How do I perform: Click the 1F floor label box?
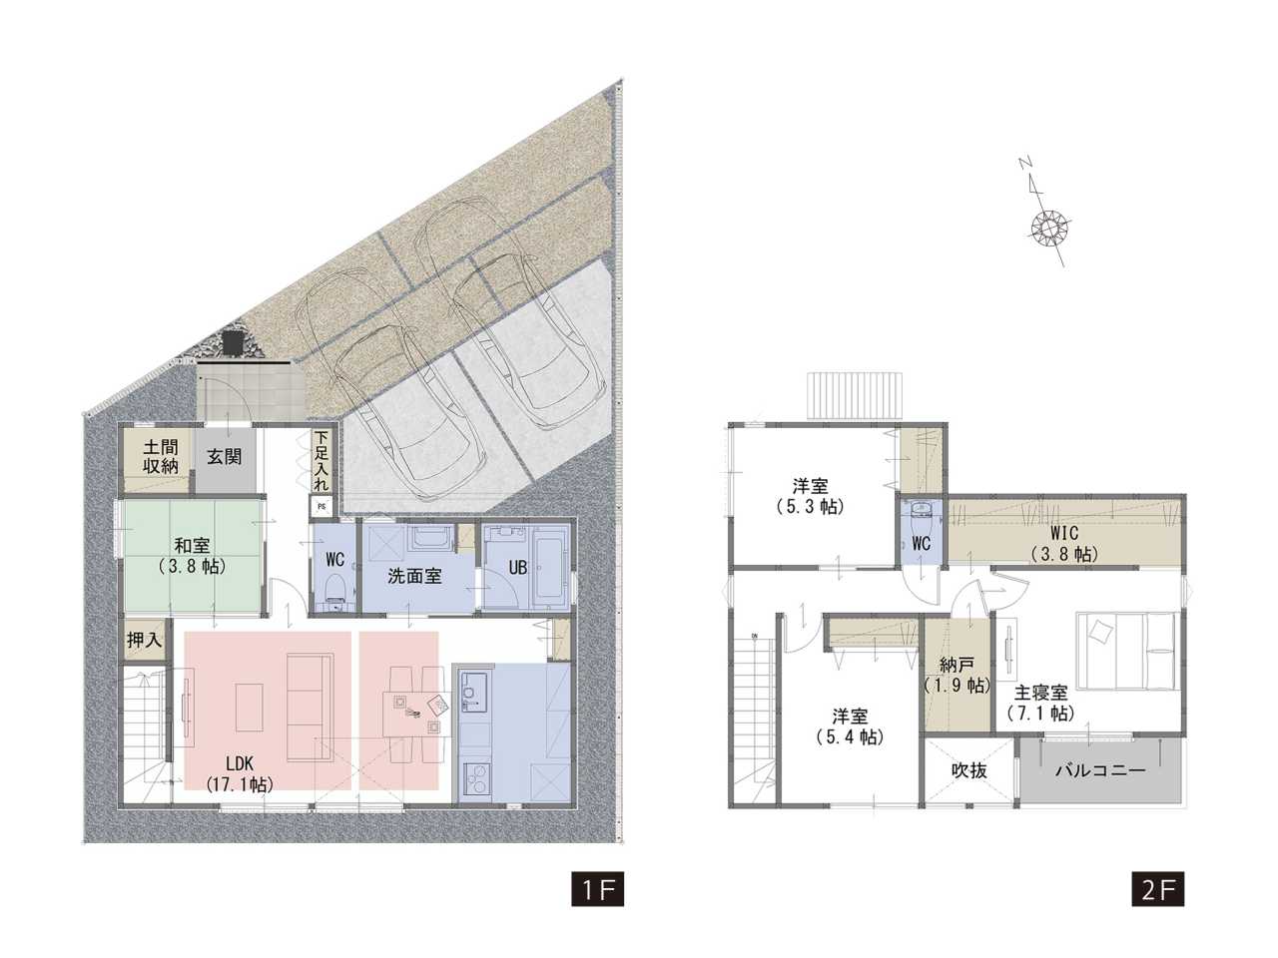(x=597, y=904)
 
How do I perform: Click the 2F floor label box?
(x=1157, y=904)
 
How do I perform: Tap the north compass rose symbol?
(x=1049, y=226)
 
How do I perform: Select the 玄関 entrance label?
(x=225, y=457)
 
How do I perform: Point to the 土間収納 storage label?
(x=161, y=457)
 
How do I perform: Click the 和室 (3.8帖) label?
(x=192, y=556)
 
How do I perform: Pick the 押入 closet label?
(x=144, y=641)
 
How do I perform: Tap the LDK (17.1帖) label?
(x=240, y=772)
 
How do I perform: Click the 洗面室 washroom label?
(x=414, y=577)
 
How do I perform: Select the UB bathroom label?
(x=517, y=567)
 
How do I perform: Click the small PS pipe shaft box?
(x=321, y=507)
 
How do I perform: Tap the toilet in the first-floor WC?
(x=334, y=591)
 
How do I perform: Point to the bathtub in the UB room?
(x=551, y=568)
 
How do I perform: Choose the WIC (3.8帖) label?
(x=1064, y=543)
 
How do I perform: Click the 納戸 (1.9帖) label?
(x=958, y=675)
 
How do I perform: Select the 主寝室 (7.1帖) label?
(x=1040, y=703)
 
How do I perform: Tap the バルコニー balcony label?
(x=1100, y=770)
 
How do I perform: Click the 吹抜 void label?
(x=968, y=770)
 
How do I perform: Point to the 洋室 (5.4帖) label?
(x=850, y=725)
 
